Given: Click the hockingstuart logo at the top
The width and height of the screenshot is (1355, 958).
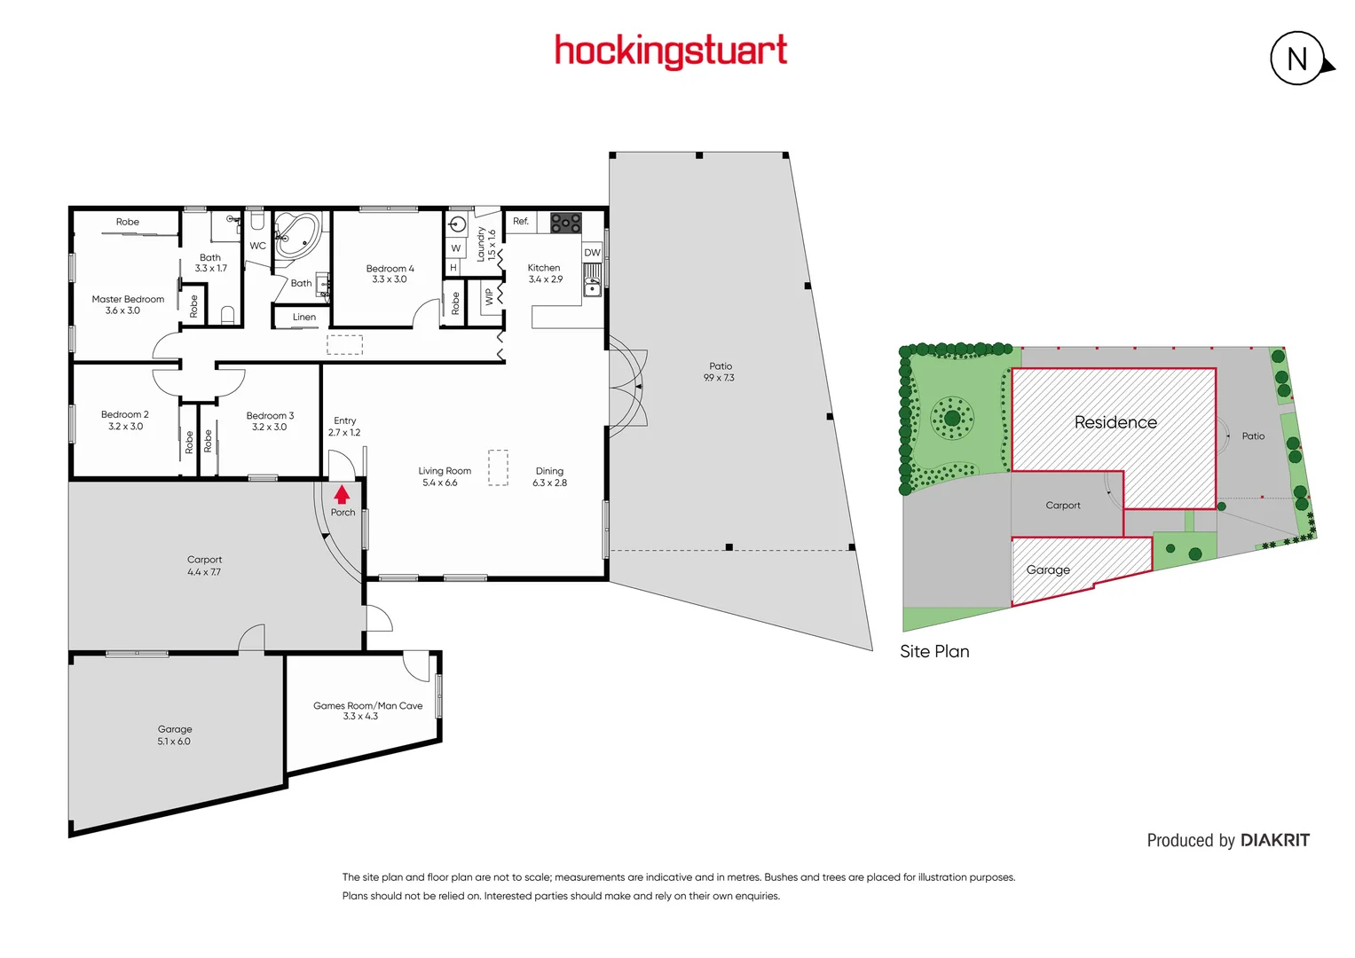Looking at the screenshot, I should [671, 51].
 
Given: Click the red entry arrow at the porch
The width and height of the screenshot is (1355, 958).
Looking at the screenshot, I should [342, 495].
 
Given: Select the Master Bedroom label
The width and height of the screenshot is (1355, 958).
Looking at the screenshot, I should [128, 300].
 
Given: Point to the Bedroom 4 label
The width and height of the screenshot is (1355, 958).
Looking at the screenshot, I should [390, 269].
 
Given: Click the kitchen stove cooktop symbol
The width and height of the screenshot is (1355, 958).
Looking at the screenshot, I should [565, 223].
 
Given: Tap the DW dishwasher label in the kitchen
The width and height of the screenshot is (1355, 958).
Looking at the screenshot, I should [592, 253].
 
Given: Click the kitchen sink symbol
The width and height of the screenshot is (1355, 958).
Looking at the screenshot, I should [592, 286].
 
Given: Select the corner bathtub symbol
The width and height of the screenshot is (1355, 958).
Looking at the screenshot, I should [297, 235].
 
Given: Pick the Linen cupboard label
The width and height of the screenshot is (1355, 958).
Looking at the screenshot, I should [304, 317].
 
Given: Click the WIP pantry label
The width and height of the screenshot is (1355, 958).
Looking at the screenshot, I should [489, 297].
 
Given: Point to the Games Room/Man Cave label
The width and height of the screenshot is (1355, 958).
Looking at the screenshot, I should [367, 706].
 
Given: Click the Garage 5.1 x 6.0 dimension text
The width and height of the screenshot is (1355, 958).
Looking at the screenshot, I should [174, 742].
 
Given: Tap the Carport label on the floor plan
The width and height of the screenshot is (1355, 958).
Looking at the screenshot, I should [204, 560].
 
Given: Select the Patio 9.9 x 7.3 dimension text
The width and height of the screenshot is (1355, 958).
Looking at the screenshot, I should [719, 378].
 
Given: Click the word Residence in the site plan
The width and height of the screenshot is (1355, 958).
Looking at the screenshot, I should [1115, 422].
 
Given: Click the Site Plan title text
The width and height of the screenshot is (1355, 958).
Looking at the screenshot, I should [934, 651].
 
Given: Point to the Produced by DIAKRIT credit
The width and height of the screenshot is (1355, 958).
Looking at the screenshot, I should [1227, 840].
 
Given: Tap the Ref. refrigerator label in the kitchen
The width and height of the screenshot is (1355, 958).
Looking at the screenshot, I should [521, 221].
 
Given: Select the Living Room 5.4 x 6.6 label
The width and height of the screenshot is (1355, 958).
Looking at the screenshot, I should [444, 477].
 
